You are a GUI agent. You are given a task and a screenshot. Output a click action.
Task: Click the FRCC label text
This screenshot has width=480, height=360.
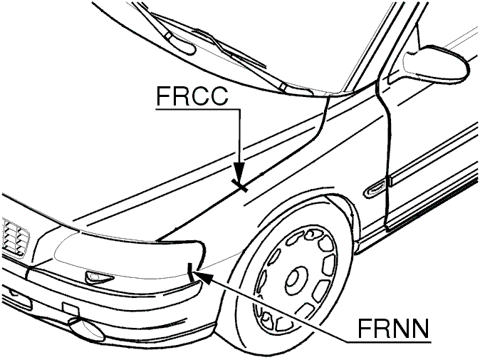coord(192,96)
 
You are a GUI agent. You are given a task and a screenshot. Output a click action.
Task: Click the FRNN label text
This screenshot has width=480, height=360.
coord(393,328)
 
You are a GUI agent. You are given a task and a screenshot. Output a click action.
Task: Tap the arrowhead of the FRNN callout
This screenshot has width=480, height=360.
coord(203,277)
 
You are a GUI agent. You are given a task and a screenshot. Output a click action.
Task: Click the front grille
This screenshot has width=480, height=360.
coord(15,236)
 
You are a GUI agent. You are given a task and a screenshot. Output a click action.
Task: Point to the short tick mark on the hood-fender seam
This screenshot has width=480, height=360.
coord(240,185)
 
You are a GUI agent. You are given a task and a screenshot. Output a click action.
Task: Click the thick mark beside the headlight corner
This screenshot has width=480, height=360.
coord(190,272)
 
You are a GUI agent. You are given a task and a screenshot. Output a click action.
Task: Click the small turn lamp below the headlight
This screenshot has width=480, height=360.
coord(98,277)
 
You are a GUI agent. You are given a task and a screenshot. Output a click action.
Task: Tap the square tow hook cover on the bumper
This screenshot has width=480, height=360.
coord(71,309)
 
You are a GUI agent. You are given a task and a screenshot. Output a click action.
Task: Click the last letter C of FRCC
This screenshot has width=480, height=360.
coord(218,96)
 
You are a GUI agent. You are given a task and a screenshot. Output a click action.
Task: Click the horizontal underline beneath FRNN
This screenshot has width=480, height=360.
coord(388,341)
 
